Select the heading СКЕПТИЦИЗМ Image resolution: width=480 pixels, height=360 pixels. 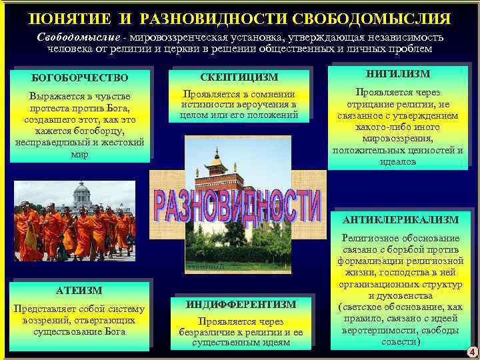[239, 77]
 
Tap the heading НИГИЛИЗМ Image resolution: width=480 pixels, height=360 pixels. [398, 73]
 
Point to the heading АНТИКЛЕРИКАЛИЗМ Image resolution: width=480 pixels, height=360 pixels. [401, 219]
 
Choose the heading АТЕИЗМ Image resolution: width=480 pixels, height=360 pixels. [78, 290]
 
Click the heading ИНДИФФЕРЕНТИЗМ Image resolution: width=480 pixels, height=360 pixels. [241, 305]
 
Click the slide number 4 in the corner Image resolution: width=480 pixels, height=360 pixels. [471, 352]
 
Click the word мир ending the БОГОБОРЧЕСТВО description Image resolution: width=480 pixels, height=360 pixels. [79, 154]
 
